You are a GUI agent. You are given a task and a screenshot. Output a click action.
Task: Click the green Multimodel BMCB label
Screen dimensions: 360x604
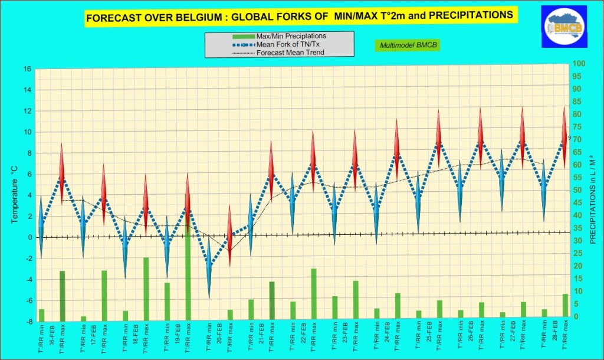tap(408, 45)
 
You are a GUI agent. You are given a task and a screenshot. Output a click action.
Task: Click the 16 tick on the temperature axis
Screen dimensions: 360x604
tap(28, 69)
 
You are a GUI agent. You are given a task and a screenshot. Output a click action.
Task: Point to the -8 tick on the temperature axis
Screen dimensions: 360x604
tap(28, 322)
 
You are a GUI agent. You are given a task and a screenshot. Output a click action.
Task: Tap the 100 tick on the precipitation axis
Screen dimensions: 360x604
tap(579, 64)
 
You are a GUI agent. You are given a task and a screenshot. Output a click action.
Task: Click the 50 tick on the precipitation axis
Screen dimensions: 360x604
tap(579, 190)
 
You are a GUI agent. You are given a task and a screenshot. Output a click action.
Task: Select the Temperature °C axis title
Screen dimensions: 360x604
tap(14, 195)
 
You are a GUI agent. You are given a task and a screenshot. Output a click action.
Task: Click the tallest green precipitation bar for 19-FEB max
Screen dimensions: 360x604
tap(188, 271)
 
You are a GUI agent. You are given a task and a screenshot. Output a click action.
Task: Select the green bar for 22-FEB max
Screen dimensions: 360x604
tap(314, 294)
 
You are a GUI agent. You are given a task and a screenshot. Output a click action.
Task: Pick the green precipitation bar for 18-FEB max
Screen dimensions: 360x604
tap(146, 289)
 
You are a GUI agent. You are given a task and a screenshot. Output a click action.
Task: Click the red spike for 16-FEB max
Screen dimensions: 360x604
tap(61, 174)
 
